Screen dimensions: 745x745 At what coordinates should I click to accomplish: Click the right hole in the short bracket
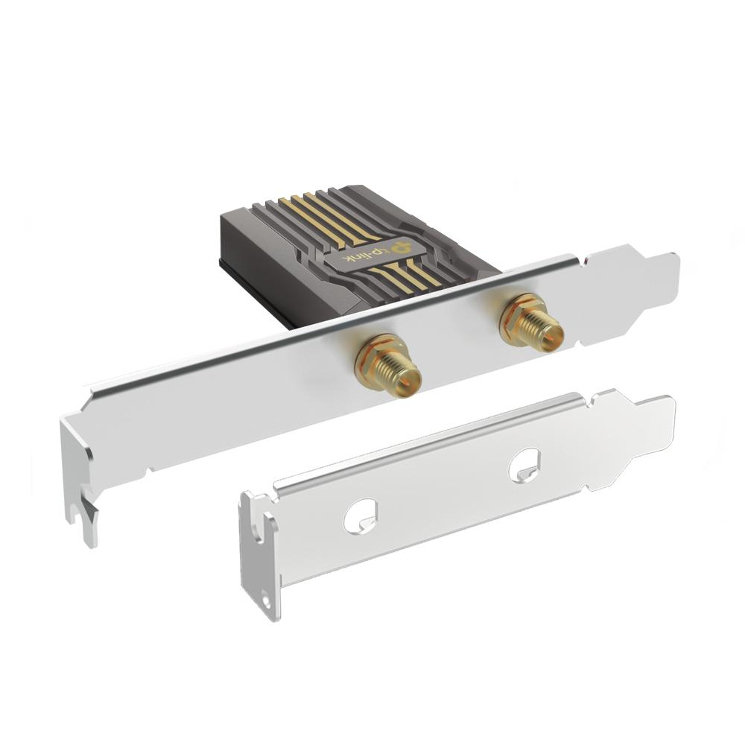pos(524,464)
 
